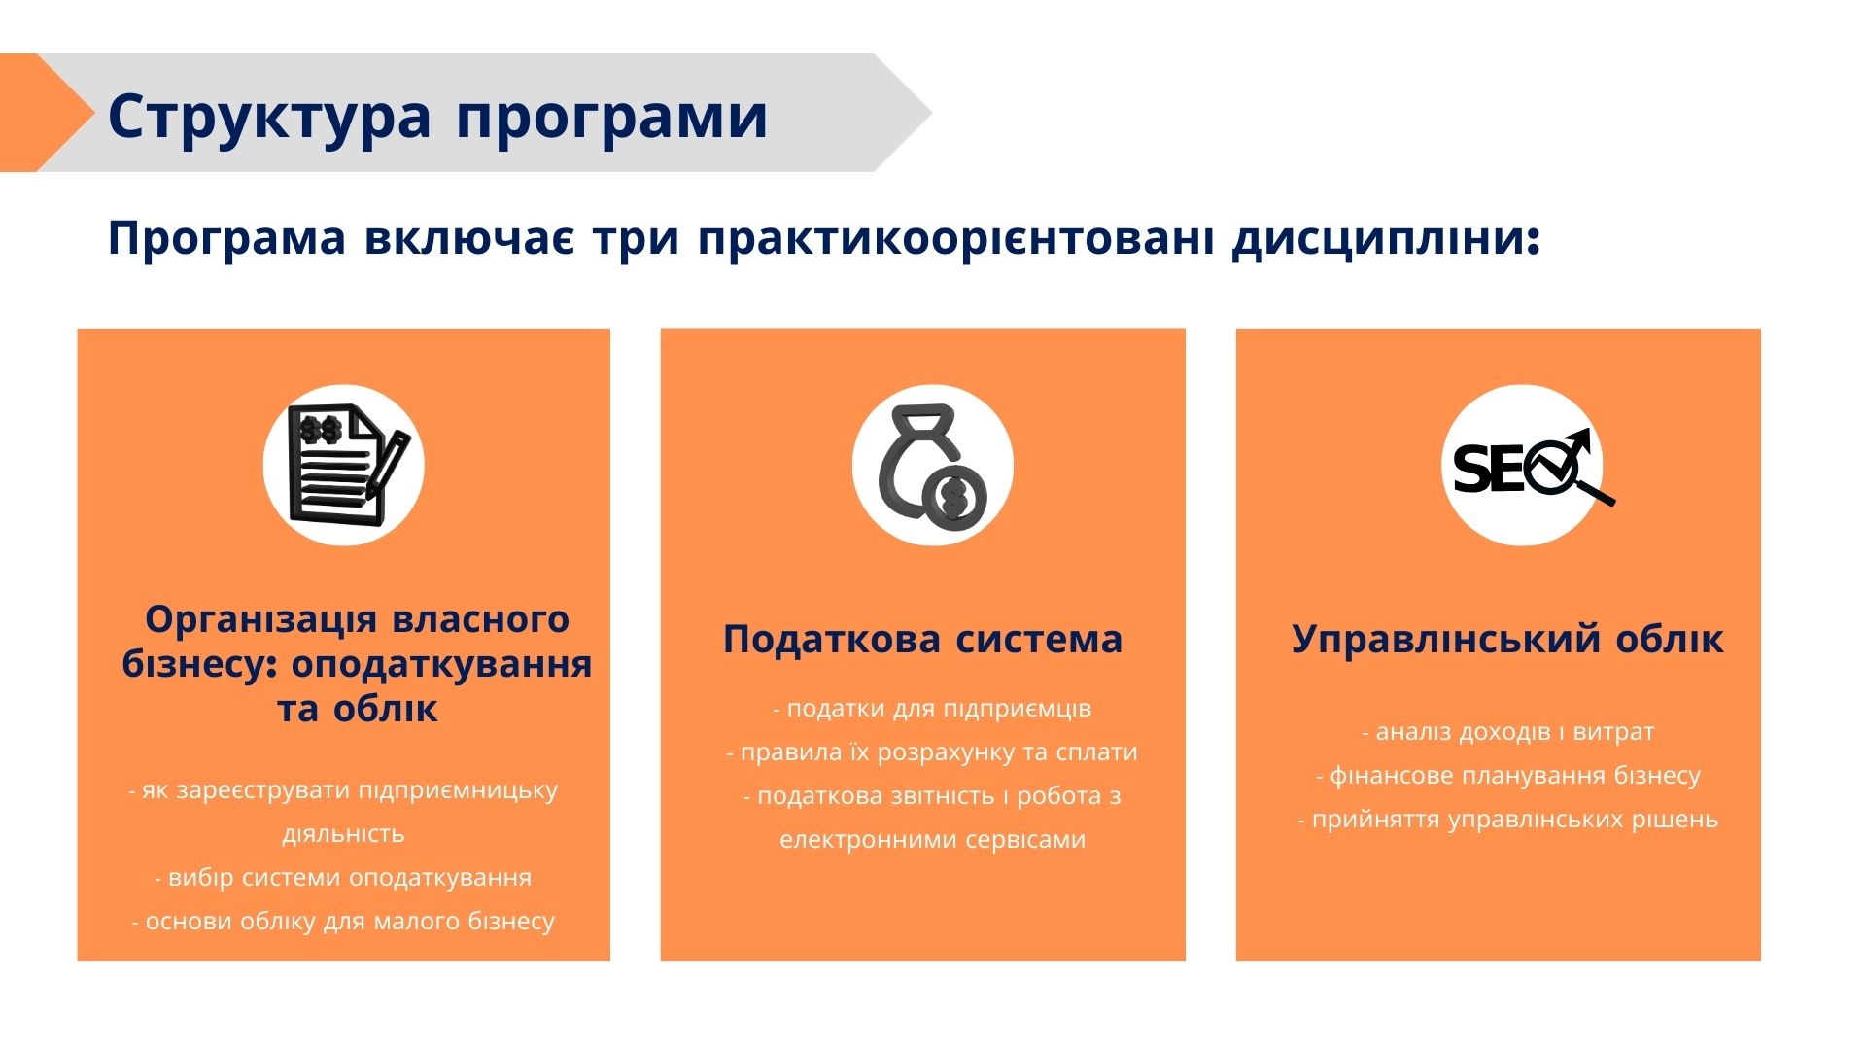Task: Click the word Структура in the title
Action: pos(269,118)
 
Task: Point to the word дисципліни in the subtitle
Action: pos(1386,240)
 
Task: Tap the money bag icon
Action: pos(932,466)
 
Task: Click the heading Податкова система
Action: pos(922,640)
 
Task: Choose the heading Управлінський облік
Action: pos(1507,640)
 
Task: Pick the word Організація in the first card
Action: pos(260,619)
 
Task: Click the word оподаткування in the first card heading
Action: pos(442,665)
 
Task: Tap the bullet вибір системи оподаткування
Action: pos(343,878)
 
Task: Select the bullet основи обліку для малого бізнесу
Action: pos(343,922)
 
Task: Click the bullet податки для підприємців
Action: pos(932,709)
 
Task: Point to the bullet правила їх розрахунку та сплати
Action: pos(932,752)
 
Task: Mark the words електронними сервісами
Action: pos(932,840)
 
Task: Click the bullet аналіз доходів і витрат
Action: pos(1508,732)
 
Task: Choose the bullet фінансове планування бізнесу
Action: pos(1508,776)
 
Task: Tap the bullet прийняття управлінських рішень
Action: pos(1508,820)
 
